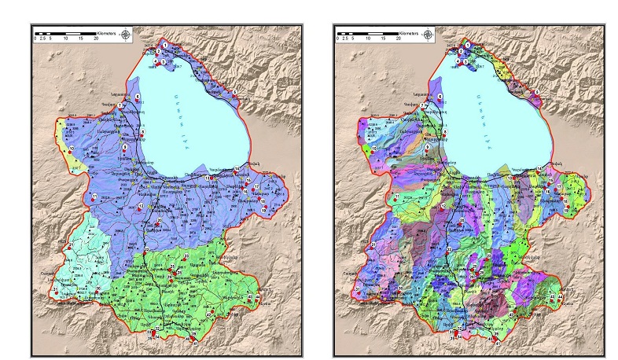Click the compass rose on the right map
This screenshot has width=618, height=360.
(x=428, y=34)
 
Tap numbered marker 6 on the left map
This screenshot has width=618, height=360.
(x=138, y=97)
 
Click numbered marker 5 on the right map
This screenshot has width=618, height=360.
(x=535, y=92)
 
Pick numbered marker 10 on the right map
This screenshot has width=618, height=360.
(x=372, y=149)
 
